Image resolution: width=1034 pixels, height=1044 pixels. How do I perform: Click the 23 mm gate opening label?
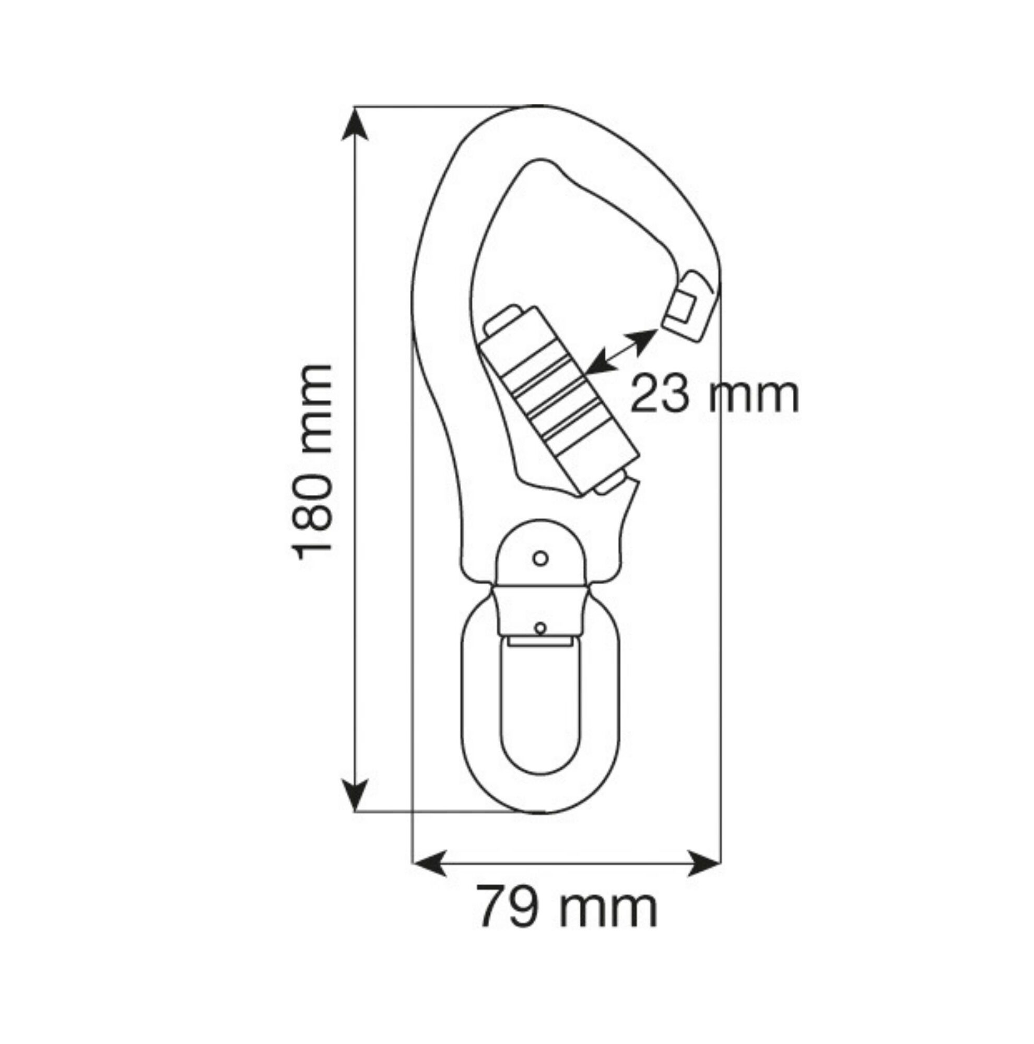pyautogui.click(x=713, y=395)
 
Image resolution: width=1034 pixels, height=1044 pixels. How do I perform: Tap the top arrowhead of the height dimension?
pyautogui.click(x=355, y=123)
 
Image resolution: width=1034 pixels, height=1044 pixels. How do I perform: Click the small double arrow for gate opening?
pyautogui.click(x=621, y=352)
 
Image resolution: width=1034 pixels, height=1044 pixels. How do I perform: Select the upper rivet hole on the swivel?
pyautogui.click(x=540, y=558)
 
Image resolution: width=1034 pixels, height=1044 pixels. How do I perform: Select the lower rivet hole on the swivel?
pyautogui.click(x=539, y=628)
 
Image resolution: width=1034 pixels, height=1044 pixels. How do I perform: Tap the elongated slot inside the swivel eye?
pyautogui.click(x=540, y=713)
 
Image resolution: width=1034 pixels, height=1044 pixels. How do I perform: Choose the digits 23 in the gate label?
pyautogui.click(x=661, y=395)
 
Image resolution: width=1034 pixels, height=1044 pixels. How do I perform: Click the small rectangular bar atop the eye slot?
pyautogui.click(x=539, y=642)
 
